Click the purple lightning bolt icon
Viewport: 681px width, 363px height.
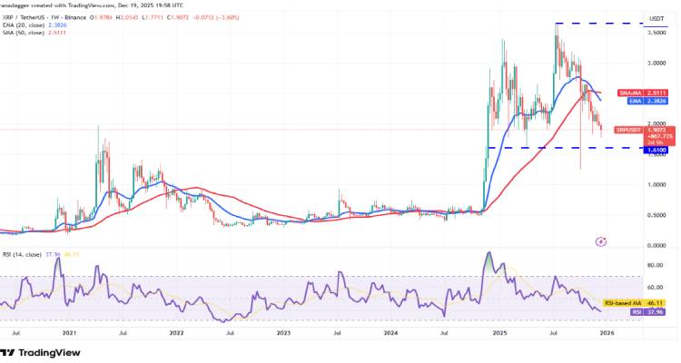[599, 241]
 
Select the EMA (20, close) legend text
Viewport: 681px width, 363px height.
[28, 25]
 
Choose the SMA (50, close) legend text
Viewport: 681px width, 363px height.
[28, 33]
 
